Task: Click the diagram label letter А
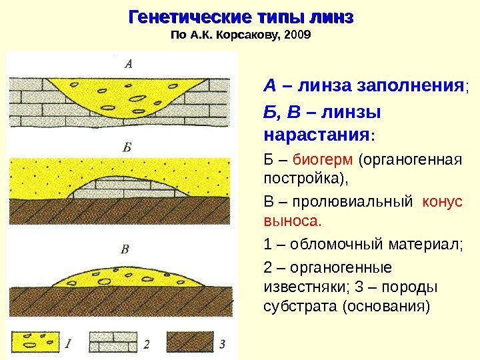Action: pos(129,65)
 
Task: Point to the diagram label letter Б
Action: pos(127,147)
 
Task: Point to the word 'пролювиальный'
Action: pos(352,201)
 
